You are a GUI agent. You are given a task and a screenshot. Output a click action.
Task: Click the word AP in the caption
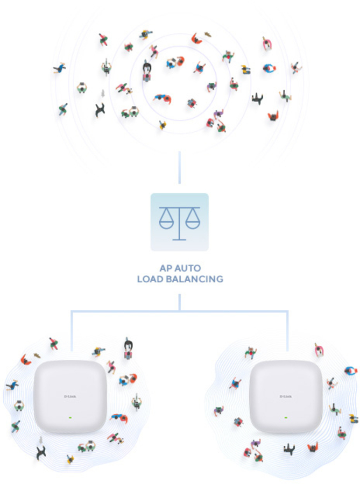[166, 268]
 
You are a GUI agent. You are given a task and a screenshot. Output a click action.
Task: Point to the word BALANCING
[194, 279]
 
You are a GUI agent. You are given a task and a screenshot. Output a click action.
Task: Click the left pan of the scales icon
[166, 223]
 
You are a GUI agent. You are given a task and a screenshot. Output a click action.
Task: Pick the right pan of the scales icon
[193, 223]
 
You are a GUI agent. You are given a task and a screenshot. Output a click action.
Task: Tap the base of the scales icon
[179, 239]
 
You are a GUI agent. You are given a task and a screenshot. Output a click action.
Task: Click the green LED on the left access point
[70, 417]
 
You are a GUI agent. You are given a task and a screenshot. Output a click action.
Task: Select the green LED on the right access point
[286, 417]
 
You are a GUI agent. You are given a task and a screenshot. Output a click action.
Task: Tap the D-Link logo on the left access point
[70, 396]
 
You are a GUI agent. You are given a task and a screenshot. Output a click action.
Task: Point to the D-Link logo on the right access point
[286, 396]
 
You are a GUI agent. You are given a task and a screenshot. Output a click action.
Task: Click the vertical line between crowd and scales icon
[180, 167]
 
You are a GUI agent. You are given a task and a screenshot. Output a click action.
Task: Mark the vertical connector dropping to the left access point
[72, 331]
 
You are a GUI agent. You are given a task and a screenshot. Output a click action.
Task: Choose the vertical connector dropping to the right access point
[287, 331]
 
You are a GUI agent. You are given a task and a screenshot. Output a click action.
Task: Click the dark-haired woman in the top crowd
[147, 70]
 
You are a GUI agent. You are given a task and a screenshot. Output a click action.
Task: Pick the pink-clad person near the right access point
[319, 350]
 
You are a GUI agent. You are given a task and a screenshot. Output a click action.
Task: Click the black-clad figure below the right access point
[290, 449]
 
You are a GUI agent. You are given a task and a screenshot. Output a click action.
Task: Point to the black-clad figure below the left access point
[41, 452]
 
